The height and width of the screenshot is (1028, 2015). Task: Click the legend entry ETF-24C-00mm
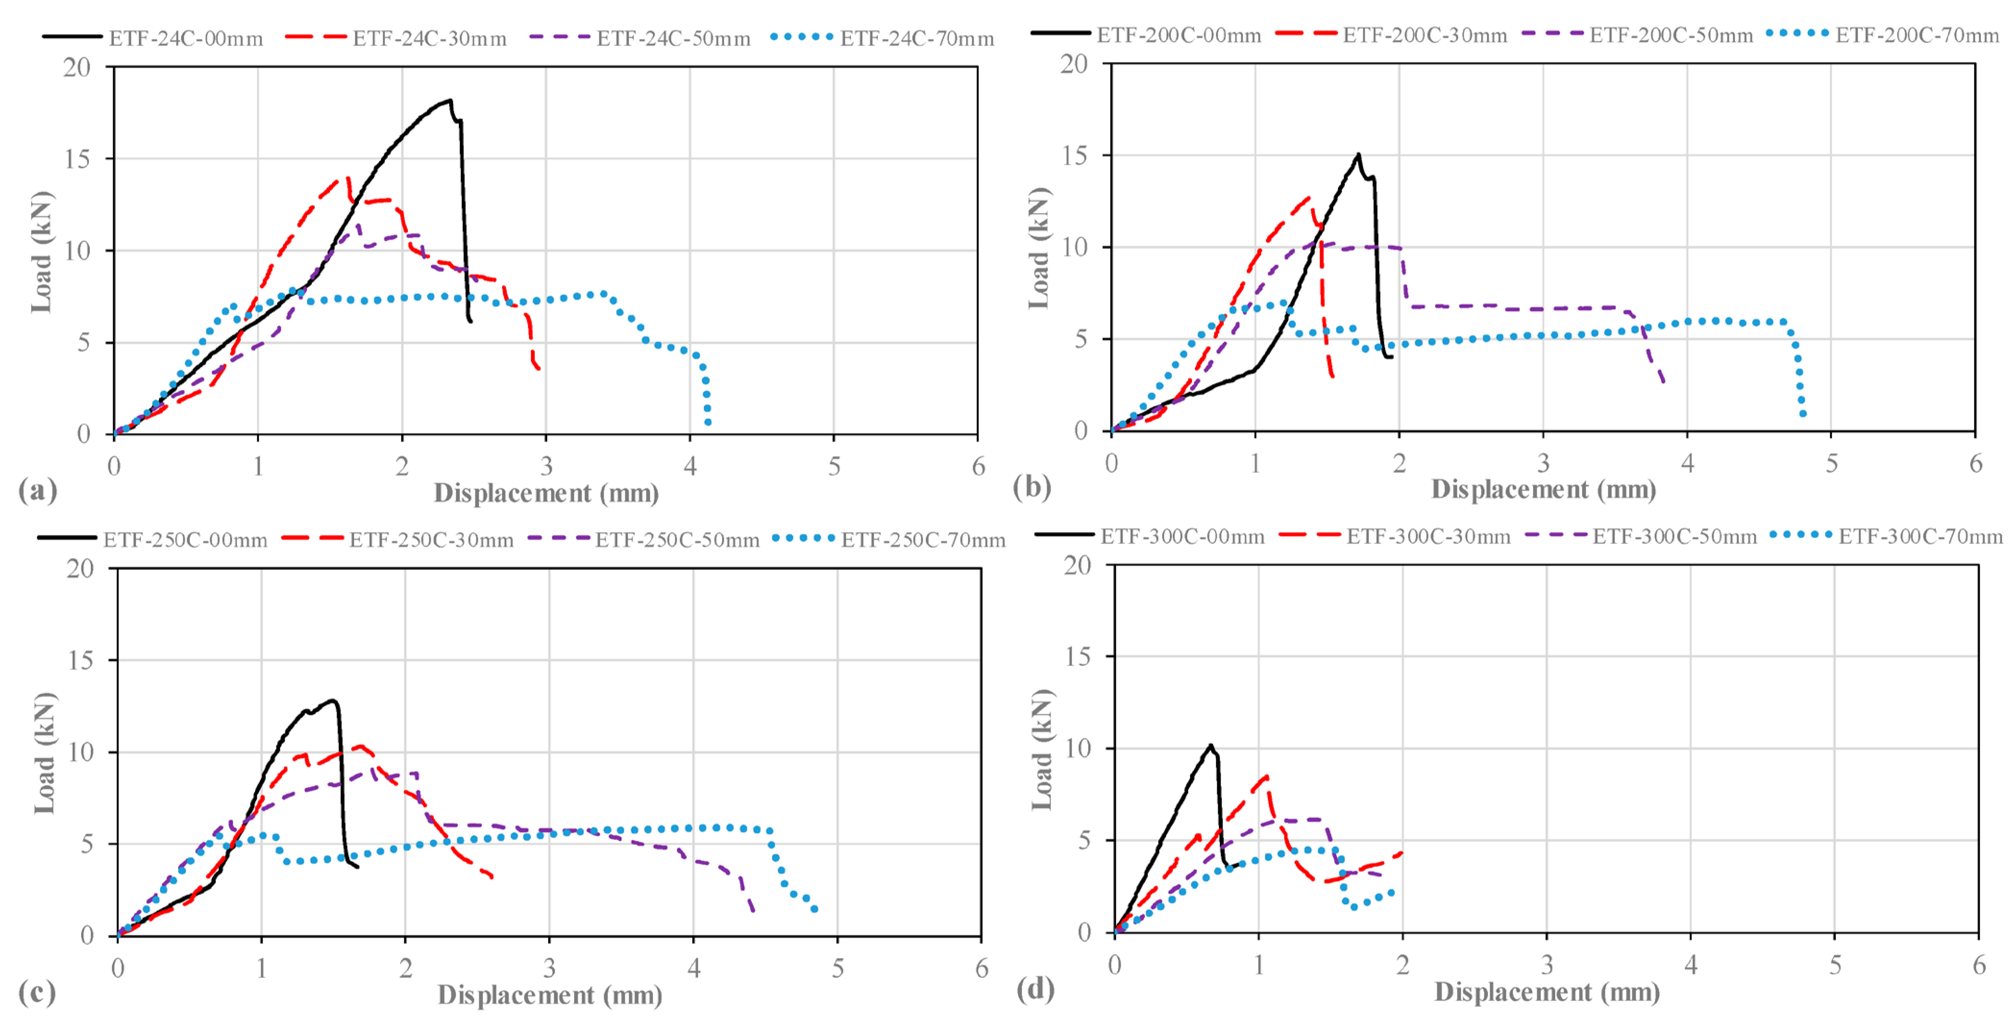click(x=152, y=37)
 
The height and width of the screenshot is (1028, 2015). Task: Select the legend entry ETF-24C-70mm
click(x=883, y=37)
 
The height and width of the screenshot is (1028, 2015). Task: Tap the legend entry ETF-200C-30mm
click(x=1391, y=35)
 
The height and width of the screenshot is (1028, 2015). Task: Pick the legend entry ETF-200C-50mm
click(x=1637, y=35)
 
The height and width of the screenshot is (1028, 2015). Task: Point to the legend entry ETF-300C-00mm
click(x=1149, y=536)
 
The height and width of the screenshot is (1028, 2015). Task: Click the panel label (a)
click(x=37, y=490)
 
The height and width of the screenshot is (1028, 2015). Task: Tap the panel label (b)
click(x=1032, y=487)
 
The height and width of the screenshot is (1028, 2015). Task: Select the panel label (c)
click(x=37, y=992)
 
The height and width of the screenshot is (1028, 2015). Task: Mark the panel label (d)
click(x=1035, y=989)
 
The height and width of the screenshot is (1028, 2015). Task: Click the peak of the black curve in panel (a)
click(x=450, y=100)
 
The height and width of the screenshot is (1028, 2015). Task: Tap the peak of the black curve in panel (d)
click(x=1211, y=745)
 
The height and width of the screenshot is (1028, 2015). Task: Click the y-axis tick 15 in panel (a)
click(x=77, y=159)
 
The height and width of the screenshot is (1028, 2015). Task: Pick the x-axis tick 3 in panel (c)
click(x=549, y=968)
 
